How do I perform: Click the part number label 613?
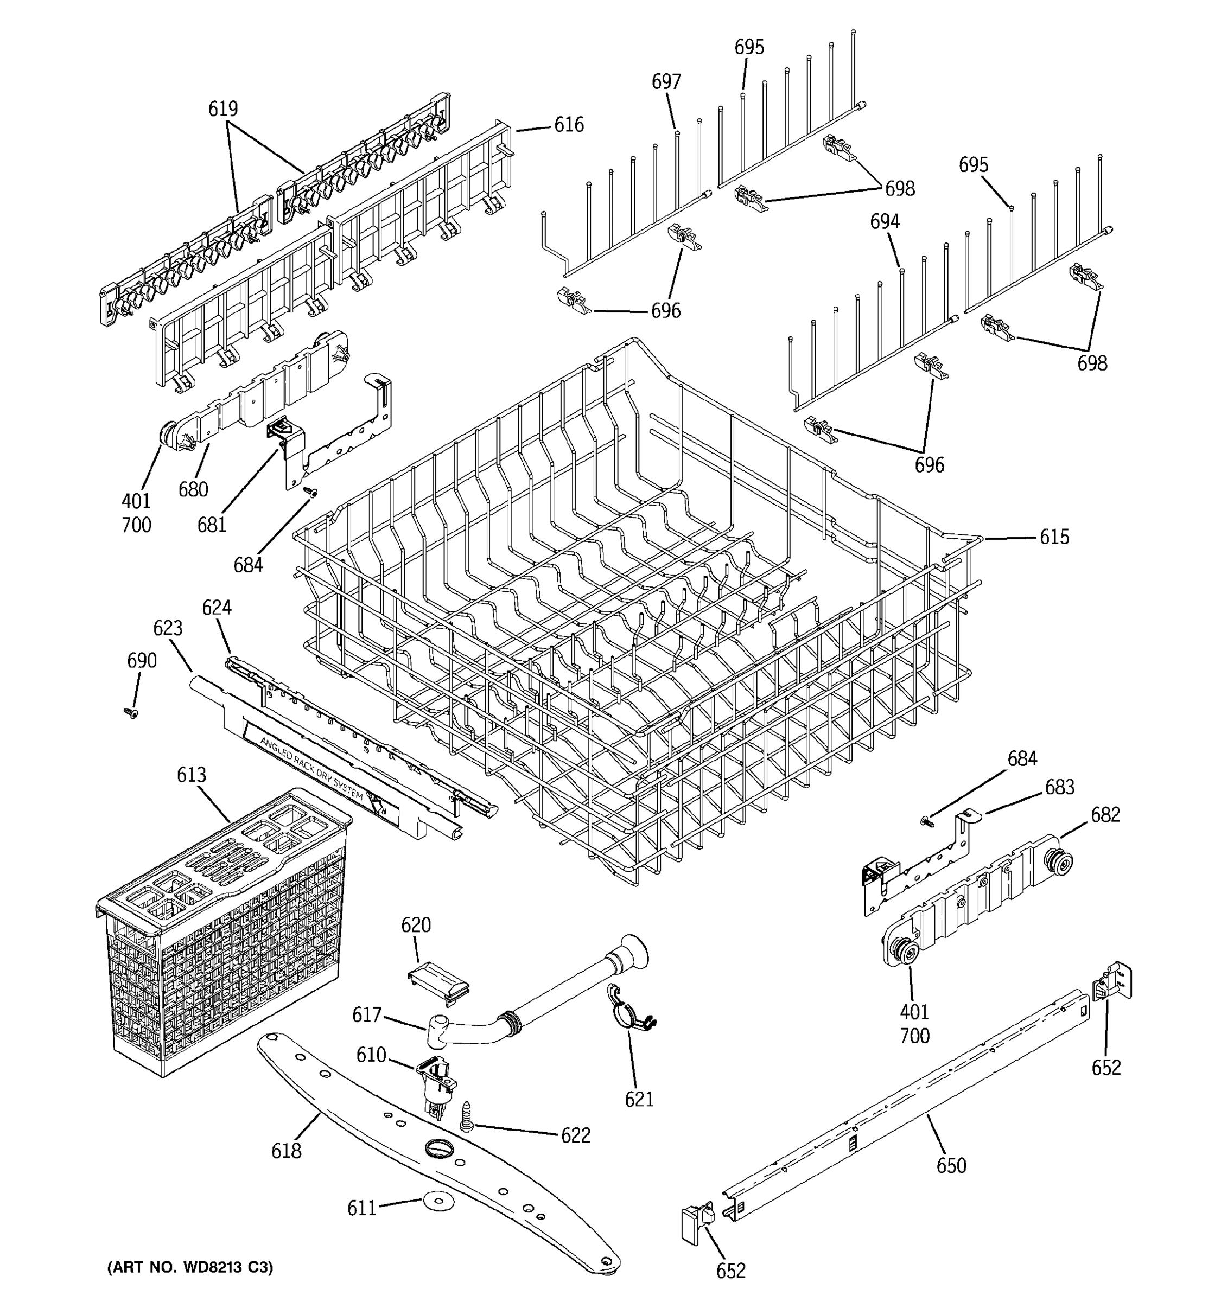pyautogui.click(x=191, y=775)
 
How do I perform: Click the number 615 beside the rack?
pyautogui.click(x=1054, y=537)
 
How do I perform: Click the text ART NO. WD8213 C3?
pyautogui.click(x=190, y=1267)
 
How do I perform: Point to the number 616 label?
pyautogui.click(x=569, y=124)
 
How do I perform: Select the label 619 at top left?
pyautogui.click(x=222, y=108)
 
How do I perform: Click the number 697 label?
pyautogui.click(x=666, y=82)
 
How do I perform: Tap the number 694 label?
pyautogui.click(x=885, y=221)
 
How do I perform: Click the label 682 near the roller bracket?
pyautogui.click(x=1105, y=815)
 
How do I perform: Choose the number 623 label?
pyautogui.click(x=168, y=628)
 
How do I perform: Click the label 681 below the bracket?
pyautogui.click(x=212, y=525)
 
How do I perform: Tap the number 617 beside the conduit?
pyautogui.click(x=367, y=1014)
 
